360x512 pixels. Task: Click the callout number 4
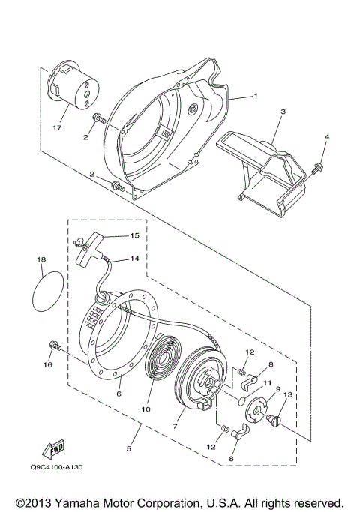[x=326, y=137]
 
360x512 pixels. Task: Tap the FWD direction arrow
[x=56, y=448]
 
